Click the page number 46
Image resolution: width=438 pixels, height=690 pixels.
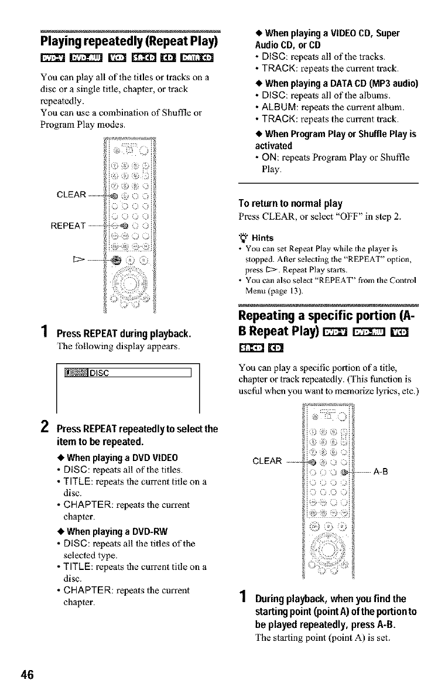pos(26,674)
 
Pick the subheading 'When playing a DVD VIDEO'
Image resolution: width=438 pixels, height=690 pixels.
pos(120,457)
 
